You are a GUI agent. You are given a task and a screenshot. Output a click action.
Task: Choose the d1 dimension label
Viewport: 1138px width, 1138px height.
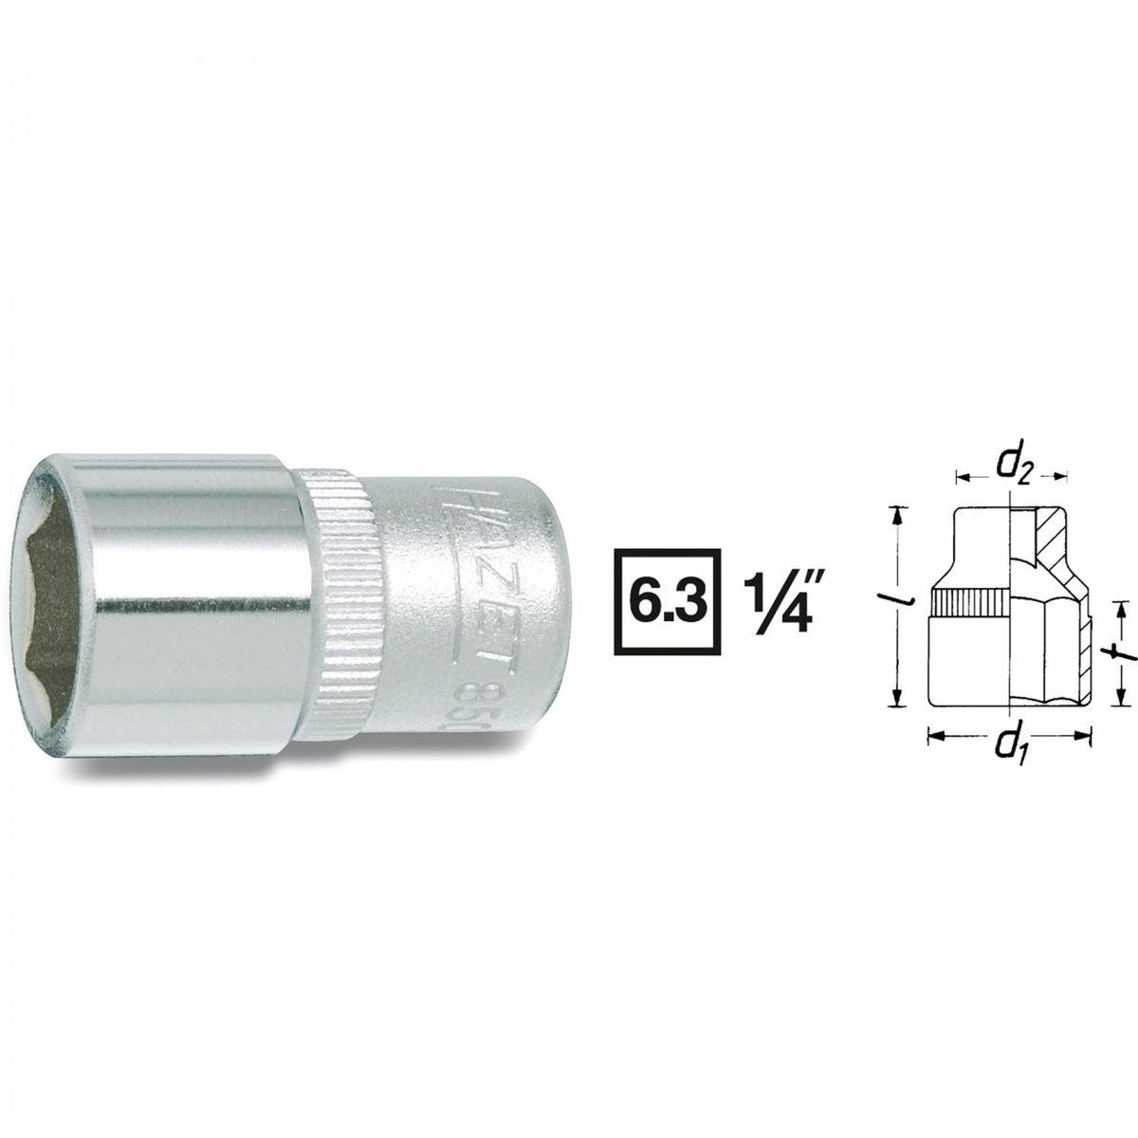(x=1010, y=754)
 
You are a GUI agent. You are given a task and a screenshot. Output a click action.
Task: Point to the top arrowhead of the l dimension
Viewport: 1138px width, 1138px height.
(x=893, y=513)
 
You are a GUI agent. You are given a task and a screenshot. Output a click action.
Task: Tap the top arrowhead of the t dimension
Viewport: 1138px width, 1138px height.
(x=1120, y=606)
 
